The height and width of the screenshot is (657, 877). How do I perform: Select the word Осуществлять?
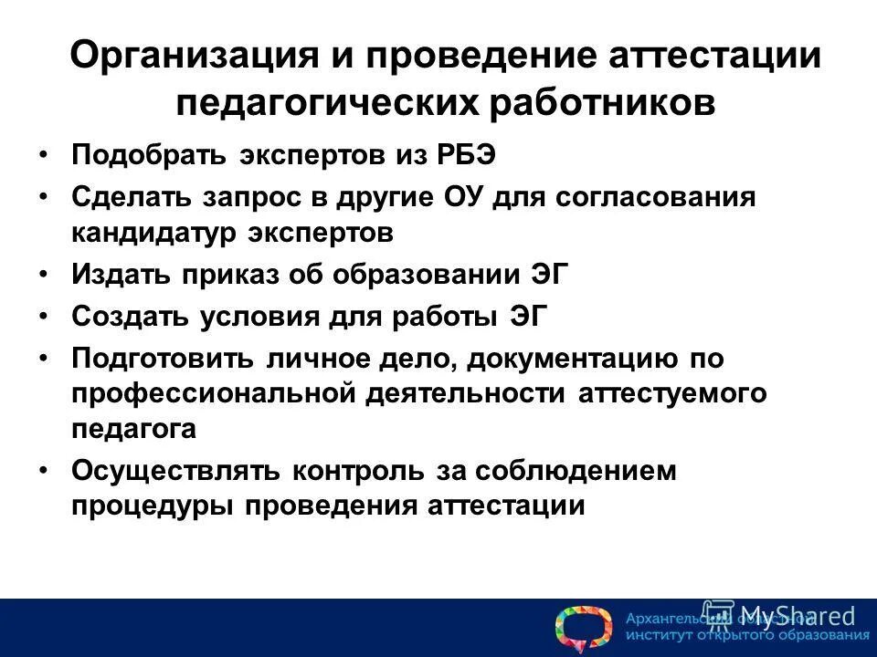[x=177, y=472]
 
